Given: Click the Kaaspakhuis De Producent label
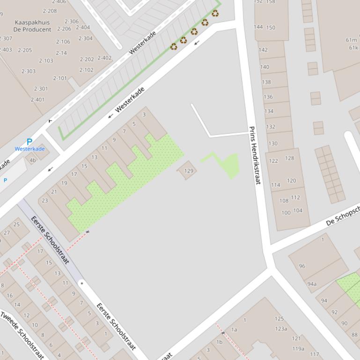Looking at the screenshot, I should pos(32,26).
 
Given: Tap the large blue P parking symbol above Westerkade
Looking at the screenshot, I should pos(29,142).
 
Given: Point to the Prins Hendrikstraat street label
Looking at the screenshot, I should pos(254,155).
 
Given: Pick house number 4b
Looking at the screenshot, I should pos(33,160).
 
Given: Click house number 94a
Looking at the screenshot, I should pos(312,284).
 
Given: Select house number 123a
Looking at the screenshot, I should pos(281,329).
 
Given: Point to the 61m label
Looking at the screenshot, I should pos(351,40).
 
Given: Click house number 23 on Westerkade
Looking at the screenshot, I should pos(45,201).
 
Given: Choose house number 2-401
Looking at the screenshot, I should pos(37,100).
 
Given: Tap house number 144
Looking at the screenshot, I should pos(258,27).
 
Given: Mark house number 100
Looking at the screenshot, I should pos(286,213).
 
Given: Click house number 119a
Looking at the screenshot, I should pos(298,348).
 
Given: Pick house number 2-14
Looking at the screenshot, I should pos(61,53).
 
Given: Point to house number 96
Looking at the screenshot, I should pos(302,266).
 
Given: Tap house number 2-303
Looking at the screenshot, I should pos(28,71).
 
